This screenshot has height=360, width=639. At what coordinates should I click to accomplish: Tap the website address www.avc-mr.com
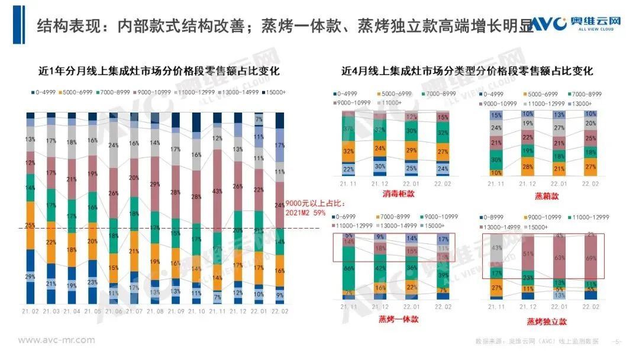pyautogui.click(x=56, y=340)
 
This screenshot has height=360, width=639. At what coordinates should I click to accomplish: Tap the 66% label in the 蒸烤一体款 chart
pyautogui.click(x=349, y=269)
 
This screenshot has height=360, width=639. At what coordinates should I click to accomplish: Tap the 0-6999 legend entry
pyautogui.click(x=349, y=217)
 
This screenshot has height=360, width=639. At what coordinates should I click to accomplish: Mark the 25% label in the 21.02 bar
pyautogui.click(x=30, y=225)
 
